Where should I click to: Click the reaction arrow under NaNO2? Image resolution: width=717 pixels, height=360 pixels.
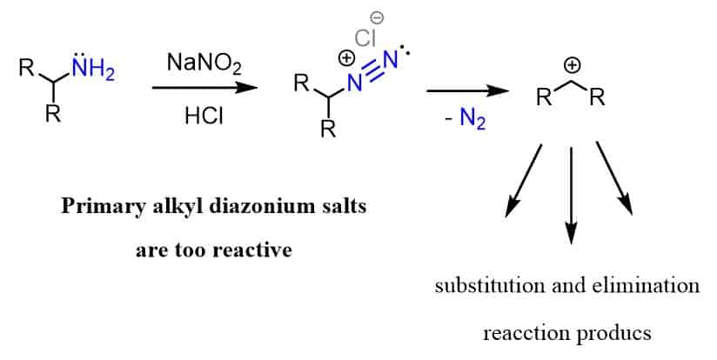[x=204, y=88]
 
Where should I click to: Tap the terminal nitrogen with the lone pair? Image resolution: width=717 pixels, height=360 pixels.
[x=392, y=61]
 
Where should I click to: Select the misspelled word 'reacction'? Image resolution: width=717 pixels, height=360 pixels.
[x=522, y=333]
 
